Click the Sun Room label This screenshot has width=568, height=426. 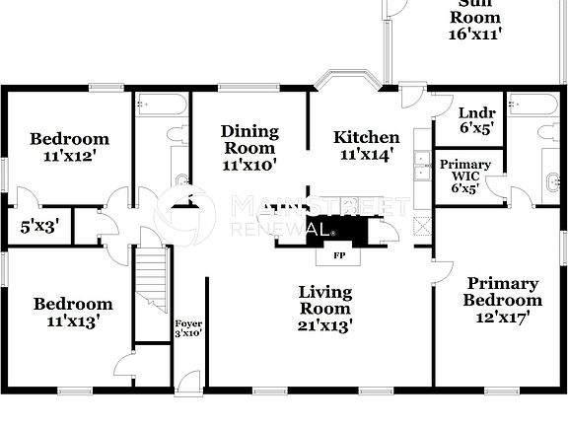(x=476, y=18)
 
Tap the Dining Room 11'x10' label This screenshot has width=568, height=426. (x=249, y=148)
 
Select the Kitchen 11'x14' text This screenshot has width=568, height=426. (x=366, y=145)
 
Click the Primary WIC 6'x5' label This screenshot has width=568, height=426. (x=459, y=176)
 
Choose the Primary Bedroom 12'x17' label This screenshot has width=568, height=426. (x=503, y=301)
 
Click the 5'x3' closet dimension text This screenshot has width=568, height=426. (x=39, y=226)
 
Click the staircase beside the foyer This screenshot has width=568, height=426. (x=152, y=281)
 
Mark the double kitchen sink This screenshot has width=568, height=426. (x=421, y=168)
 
